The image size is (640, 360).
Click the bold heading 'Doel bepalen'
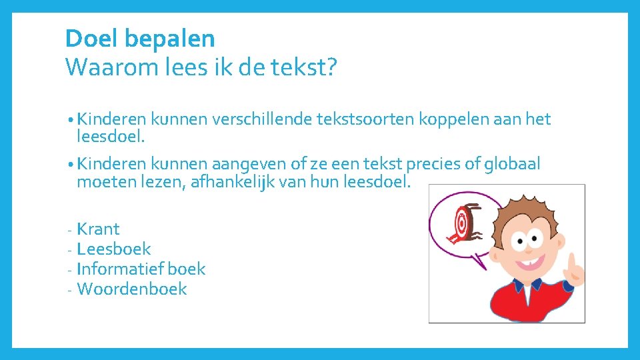coord(140,39)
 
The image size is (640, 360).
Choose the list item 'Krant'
coord(98,229)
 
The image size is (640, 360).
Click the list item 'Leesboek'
coord(114,249)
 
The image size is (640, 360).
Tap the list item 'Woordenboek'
coord(132,289)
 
